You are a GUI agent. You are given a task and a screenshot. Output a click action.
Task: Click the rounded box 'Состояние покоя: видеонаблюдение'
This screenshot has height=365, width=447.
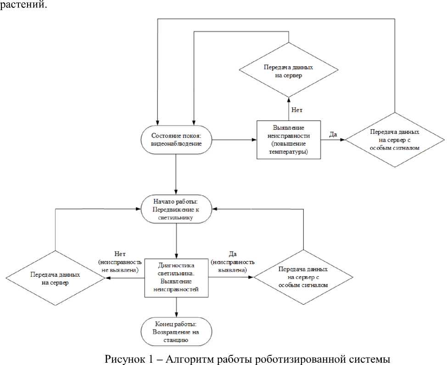(177, 139)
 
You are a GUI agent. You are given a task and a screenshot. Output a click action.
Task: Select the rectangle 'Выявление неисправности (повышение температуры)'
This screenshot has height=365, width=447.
(289, 139)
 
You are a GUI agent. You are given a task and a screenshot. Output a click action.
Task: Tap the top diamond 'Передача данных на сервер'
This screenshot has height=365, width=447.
(289, 71)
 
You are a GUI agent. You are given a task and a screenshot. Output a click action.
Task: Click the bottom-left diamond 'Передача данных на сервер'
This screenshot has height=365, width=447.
(56, 278)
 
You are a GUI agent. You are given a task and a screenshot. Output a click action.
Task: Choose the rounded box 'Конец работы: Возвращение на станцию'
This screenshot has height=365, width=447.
(177, 331)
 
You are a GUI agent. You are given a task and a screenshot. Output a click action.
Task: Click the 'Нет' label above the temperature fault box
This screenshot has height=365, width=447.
(297, 110)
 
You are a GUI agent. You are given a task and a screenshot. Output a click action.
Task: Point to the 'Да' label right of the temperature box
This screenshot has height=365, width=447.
(333, 134)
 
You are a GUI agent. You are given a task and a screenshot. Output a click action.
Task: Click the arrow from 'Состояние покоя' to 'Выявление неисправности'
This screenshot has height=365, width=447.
(234, 139)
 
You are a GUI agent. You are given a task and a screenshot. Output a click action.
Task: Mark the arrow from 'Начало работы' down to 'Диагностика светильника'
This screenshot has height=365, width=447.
(177, 240)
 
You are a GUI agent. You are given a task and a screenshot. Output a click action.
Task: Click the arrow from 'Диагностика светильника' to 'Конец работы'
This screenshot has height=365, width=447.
(177, 306)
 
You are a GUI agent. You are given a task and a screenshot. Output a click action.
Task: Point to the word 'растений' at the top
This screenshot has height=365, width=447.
(23, 6)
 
